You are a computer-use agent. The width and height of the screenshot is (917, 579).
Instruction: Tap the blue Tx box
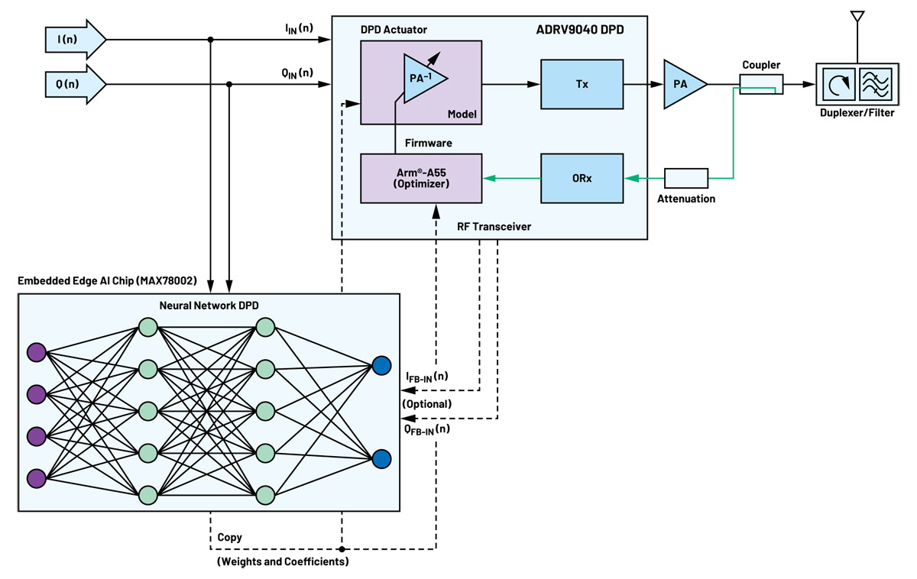pos(582,84)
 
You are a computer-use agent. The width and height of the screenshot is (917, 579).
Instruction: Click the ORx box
pos(582,179)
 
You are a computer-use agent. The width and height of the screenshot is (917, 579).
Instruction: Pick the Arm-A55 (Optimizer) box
pos(421,179)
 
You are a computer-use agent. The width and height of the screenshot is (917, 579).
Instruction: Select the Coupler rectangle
pos(760,84)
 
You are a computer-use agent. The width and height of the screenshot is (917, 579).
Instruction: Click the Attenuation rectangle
pos(686,179)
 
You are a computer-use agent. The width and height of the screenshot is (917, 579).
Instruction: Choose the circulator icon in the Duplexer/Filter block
pos(839,85)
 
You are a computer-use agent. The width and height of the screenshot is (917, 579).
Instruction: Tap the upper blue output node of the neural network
pos(381,366)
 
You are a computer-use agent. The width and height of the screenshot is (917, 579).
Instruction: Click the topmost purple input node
pos(36,352)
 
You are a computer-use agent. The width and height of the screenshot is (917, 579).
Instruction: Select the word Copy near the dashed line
pos(229,537)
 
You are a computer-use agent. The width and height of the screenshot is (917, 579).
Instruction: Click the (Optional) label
pos(426,403)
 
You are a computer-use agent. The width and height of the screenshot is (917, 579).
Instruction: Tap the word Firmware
pos(429,143)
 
